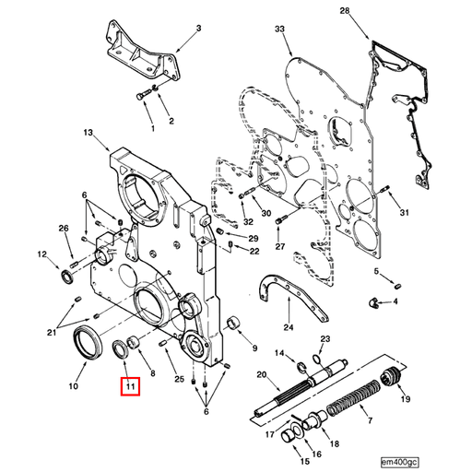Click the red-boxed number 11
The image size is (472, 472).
click(131, 387)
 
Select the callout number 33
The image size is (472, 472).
click(280, 31)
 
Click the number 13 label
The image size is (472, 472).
click(89, 134)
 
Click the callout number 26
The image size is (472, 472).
click(64, 229)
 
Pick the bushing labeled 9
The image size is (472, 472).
click(234, 323)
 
